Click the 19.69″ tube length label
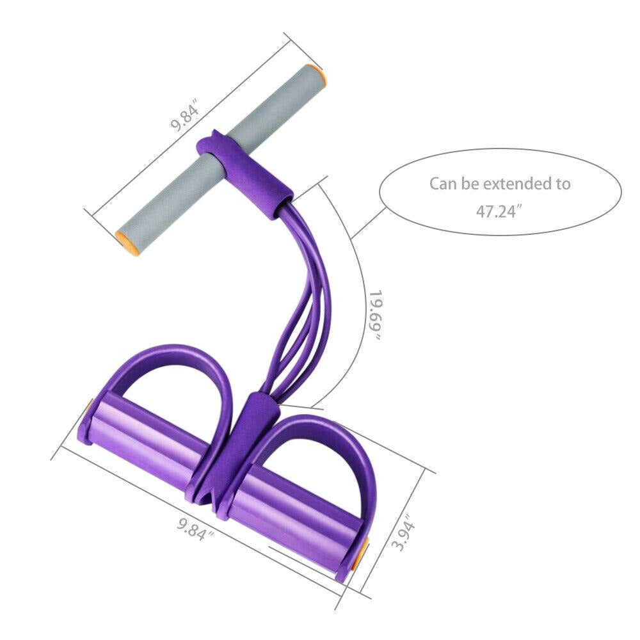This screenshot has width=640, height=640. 374,315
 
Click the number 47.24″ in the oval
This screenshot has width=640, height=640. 499,211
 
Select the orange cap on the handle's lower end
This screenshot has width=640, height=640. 127,243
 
